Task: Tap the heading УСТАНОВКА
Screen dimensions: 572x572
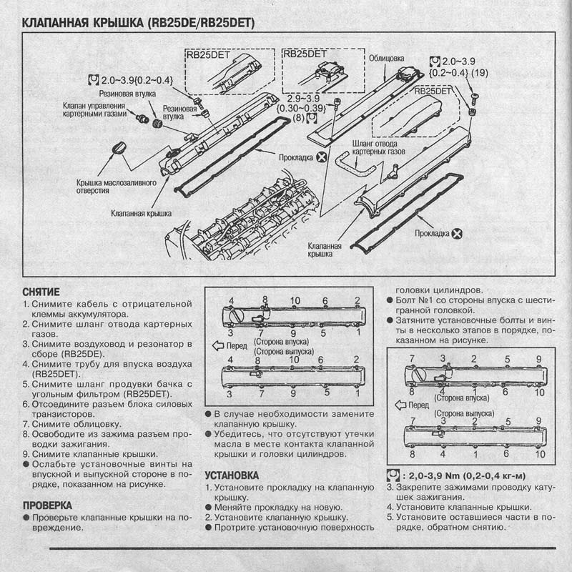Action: pos(232,475)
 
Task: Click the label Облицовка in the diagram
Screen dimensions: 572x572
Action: pos(386,59)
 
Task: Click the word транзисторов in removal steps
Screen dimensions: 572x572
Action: pos(63,413)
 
